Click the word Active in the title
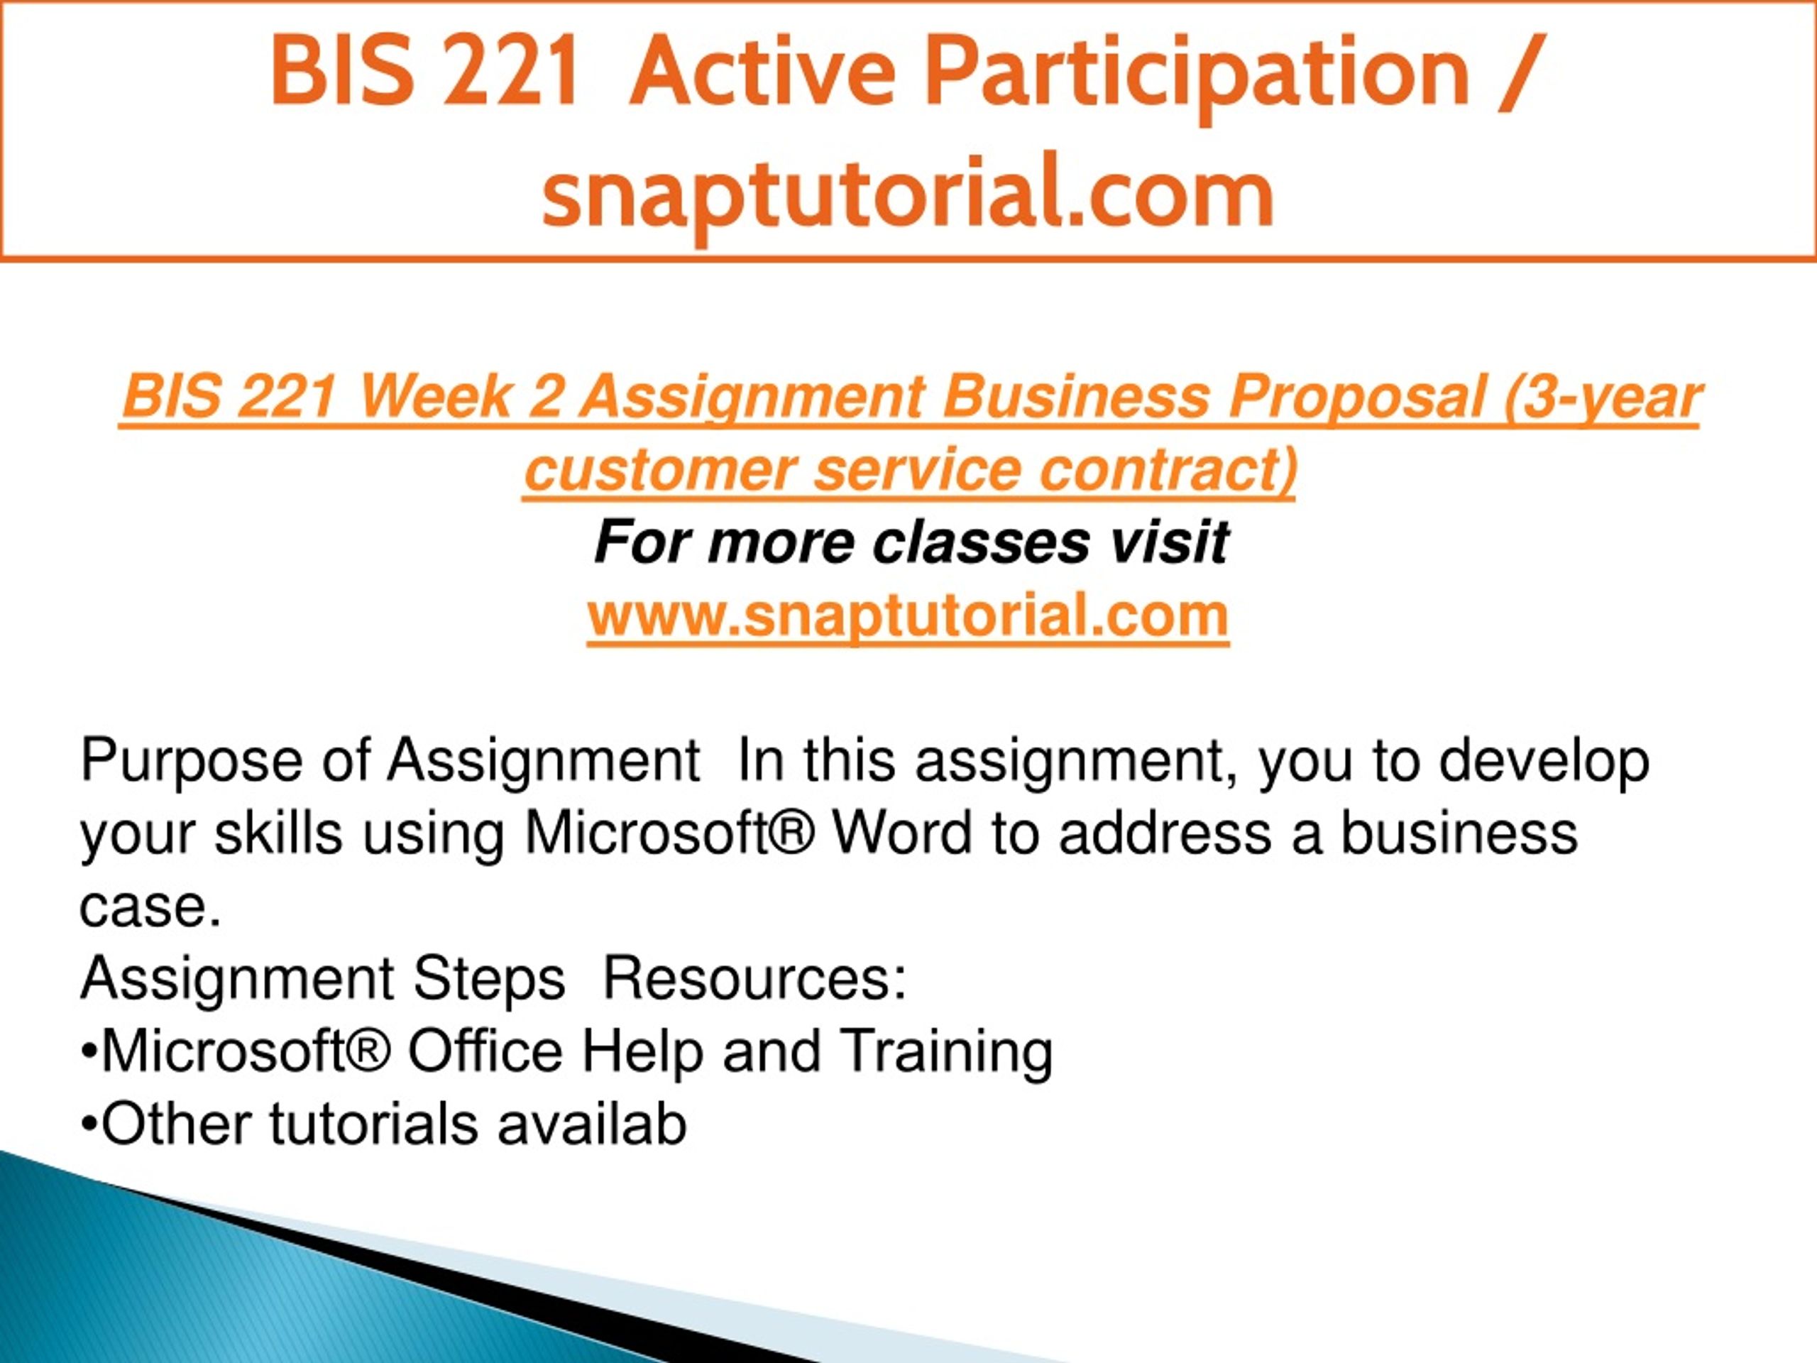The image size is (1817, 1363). tap(762, 72)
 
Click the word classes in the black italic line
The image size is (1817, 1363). tap(981, 543)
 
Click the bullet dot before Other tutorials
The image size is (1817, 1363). tap(89, 1124)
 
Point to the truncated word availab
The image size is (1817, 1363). tap(591, 1124)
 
